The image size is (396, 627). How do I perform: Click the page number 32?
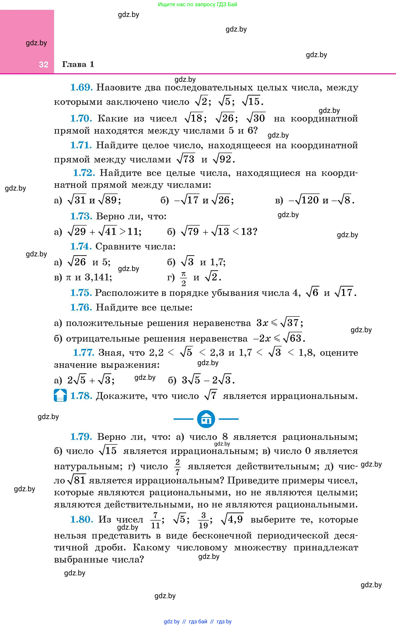click(x=44, y=65)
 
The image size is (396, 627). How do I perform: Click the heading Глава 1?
click(x=78, y=64)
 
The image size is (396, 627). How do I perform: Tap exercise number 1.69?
click(x=81, y=88)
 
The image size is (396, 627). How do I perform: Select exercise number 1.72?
click(x=84, y=173)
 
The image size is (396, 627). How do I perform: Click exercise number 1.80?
click(x=82, y=519)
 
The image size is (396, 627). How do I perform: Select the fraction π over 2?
click(x=184, y=278)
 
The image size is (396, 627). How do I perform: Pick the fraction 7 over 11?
click(x=156, y=520)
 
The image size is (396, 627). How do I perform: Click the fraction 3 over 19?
click(x=203, y=520)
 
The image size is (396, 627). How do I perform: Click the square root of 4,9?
click(x=232, y=519)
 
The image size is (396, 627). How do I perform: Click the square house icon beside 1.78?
click(x=60, y=395)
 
